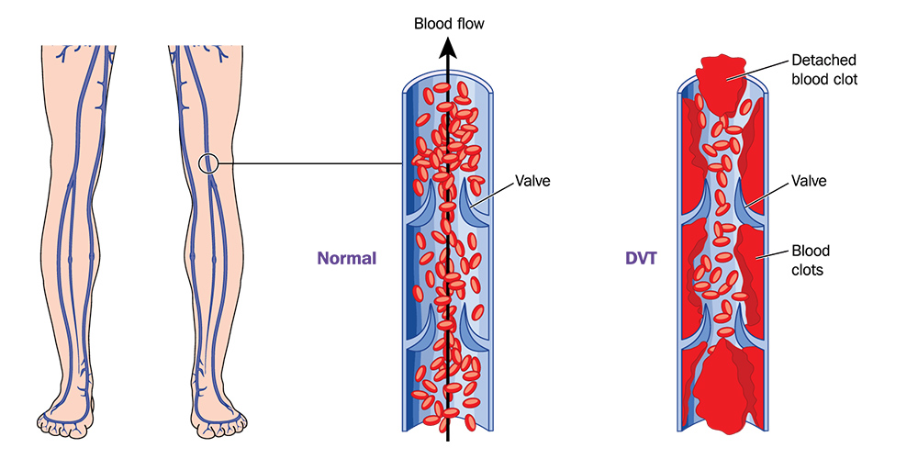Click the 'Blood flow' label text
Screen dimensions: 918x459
tap(449, 24)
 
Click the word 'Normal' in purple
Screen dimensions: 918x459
tap(347, 258)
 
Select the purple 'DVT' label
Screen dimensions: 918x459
tap(641, 258)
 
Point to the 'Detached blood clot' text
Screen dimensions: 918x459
tap(823, 70)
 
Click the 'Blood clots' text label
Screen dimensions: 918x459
tap(811, 261)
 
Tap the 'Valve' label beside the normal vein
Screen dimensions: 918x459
tap(532, 181)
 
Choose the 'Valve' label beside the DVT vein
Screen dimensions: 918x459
tap(809, 181)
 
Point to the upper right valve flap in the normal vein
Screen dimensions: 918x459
tap(472, 202)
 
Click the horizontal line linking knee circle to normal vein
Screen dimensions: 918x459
tap(310, 164)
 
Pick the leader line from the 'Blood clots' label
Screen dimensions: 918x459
tap(772, 253)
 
